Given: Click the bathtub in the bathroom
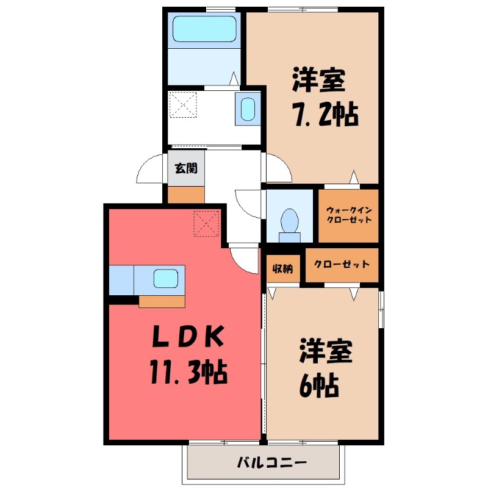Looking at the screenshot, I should click(204, 29).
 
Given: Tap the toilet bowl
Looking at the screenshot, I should click(289, 220).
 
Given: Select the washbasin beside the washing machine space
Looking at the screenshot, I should click(247, 110).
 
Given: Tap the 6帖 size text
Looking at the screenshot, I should click(318, 384).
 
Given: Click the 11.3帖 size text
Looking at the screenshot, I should click(187, 371).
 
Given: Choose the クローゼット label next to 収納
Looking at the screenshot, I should click(342, 265).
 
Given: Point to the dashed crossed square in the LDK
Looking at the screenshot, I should click(206, 223).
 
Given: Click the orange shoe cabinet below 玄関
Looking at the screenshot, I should click(185, 195).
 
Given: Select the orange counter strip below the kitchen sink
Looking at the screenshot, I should click(162, 301).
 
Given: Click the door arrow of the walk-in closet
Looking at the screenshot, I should click(353, 178).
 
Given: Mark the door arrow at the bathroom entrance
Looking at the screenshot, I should click(234, 79).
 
